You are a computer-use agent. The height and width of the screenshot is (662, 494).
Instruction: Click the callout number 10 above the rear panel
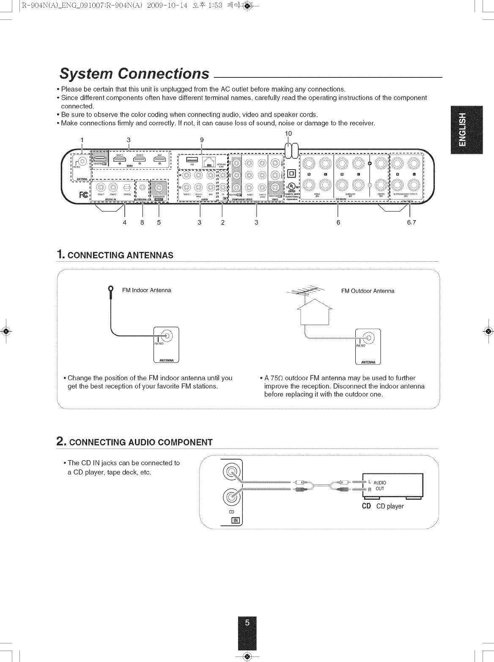click(x=288, y=134)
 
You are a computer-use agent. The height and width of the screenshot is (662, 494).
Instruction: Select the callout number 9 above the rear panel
click(x=202, y=140)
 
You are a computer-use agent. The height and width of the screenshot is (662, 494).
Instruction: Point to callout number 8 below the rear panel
click(x=143, y=222)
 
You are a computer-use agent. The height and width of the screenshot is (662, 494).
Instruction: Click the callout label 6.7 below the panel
click(x=411, y=222)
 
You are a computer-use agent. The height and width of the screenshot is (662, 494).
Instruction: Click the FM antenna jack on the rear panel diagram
click(x=82, y=161)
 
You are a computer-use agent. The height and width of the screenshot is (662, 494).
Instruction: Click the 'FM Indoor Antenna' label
click(x=146, y=290)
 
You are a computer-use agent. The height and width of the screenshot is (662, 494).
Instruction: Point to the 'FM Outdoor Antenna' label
click(x=368, y=291)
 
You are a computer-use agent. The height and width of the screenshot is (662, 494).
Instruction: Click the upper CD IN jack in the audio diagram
click(x=231, y=470)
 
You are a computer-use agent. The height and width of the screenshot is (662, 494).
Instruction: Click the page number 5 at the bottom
click(x=247, y=623)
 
